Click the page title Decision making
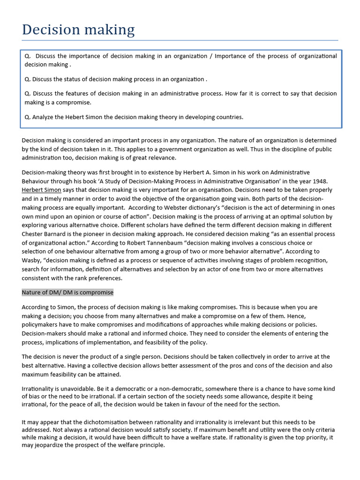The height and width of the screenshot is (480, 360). [78, 30]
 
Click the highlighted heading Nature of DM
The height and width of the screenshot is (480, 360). [67, 292]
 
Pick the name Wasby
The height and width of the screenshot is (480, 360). [32, 260]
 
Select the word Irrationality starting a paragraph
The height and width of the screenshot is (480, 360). [39, 389]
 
